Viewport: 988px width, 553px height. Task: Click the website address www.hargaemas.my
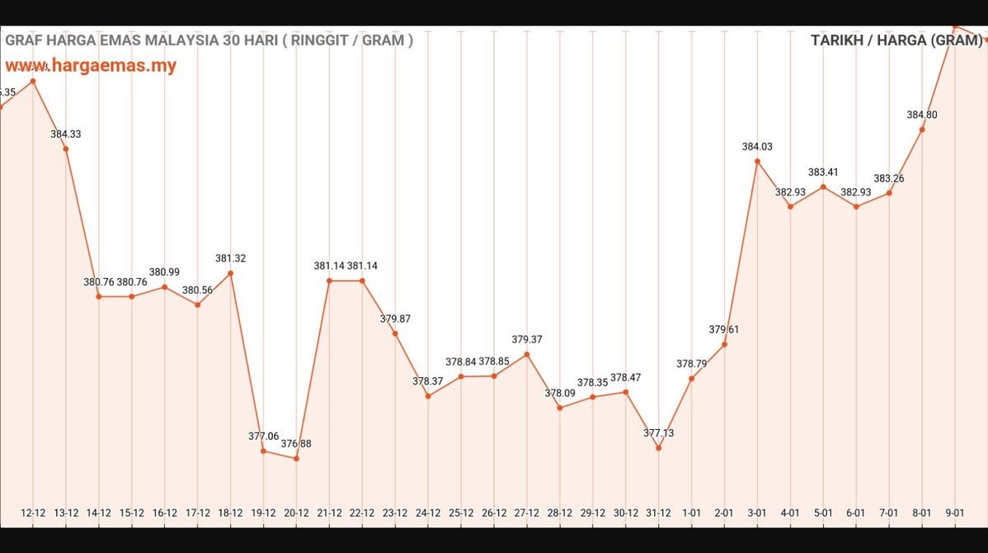tap(91, 66)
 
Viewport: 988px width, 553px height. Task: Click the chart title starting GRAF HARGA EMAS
tap(209, 40)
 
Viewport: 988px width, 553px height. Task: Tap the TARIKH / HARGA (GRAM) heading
tap(896, 40)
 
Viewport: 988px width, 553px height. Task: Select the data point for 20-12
tap(296, 458)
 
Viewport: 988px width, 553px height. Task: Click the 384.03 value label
tap(757, 147)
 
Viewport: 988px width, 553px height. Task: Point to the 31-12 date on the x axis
tap(658, 513)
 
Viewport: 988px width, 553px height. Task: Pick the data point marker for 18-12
tap(230, 273)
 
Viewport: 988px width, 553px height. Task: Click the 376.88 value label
tap(296, 444)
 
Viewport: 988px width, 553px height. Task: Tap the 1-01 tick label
tap(691, 513)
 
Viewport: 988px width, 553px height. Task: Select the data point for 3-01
tap(757, 161)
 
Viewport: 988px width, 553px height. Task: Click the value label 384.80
tap(922, 115)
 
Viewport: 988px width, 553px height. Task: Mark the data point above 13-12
tap(65, 149)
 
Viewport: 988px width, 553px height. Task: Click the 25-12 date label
tap(461, 513)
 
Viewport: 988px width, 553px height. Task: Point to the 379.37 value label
tap(527, 339)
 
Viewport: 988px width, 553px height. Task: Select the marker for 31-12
tap(658, 447)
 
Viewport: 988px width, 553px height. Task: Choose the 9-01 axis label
tap(955, 513)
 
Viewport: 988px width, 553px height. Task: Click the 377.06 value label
tap(264, 436)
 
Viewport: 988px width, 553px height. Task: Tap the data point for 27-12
tap(527, 354)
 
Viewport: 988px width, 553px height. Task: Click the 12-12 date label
tap(33, 513)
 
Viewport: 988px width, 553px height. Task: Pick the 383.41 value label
tap(823, 173)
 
